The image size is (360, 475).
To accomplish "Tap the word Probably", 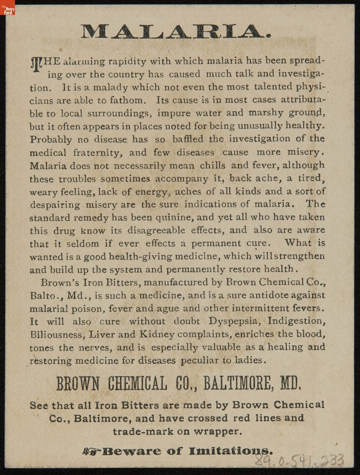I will coord(50,140).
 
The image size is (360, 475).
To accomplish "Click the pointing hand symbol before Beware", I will coord(92,451).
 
